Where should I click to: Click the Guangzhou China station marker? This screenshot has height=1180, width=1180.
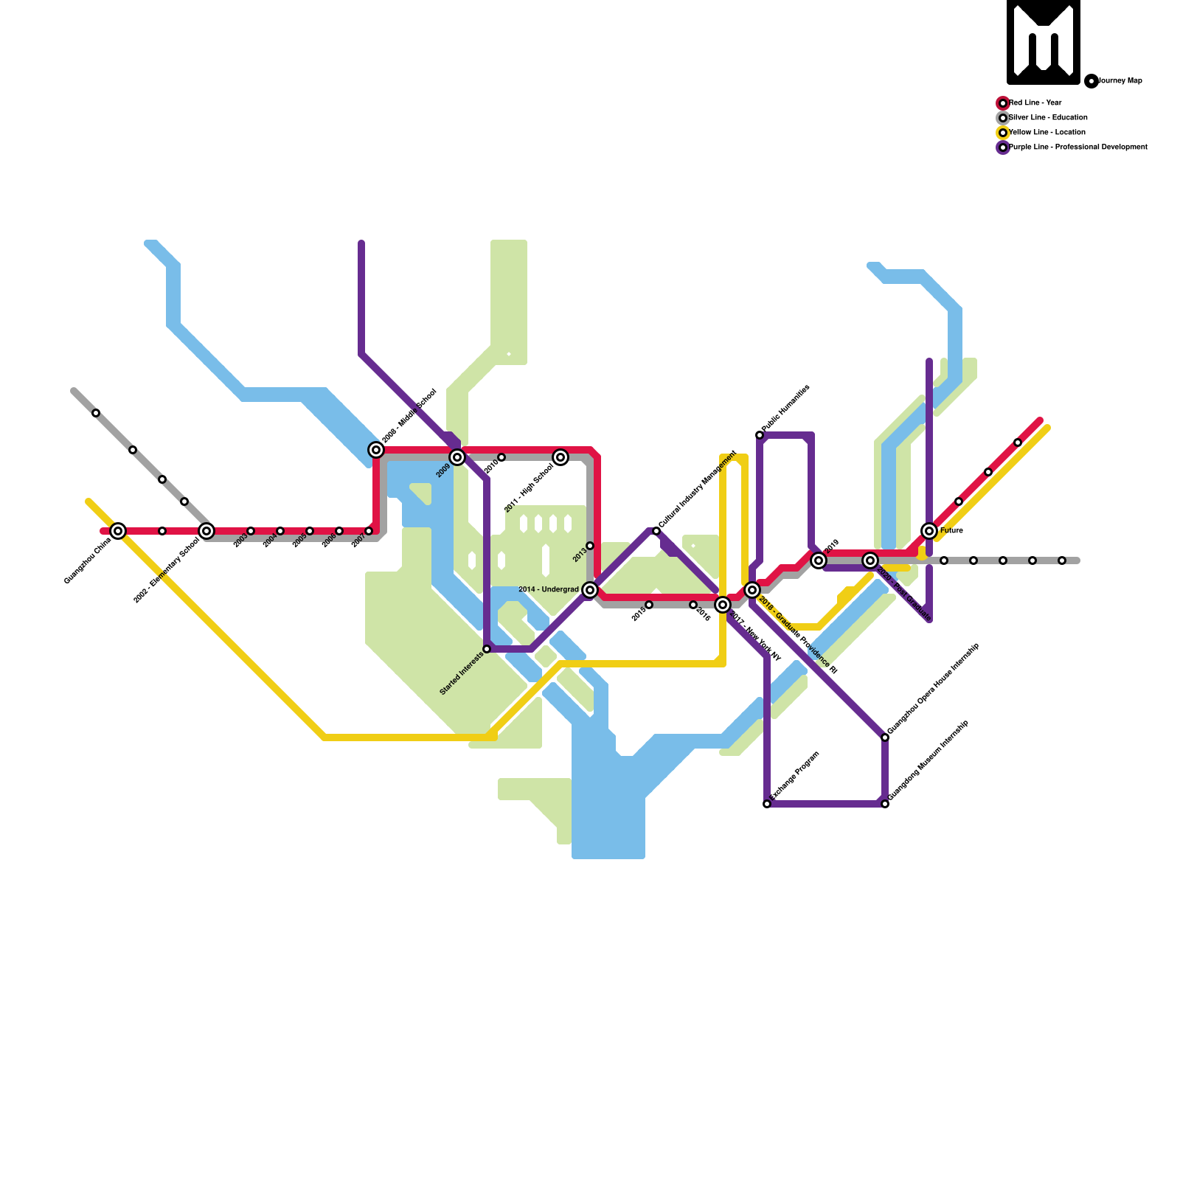[118, 531]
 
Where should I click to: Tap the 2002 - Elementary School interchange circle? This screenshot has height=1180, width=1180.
[206, 531]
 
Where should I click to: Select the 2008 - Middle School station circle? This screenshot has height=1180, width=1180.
[376, 450]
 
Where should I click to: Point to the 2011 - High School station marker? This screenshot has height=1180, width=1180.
[560, 457]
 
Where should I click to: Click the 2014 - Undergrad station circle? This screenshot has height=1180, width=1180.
[590, 590]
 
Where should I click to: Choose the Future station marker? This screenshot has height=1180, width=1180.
[929, 531]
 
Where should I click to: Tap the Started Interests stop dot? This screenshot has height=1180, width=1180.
[487, 649]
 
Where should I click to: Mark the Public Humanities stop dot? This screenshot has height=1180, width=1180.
[760, 435]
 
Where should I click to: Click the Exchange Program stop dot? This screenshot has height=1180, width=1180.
[767, 804]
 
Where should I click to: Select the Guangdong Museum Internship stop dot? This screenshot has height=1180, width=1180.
[885, 804]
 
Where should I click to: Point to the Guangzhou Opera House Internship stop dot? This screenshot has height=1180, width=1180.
[885, 737]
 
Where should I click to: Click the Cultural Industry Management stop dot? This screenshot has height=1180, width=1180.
[656, 531]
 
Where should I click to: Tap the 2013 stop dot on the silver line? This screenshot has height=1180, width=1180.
[590, 546]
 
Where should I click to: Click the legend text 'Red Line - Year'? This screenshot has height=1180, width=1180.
[1035, 103]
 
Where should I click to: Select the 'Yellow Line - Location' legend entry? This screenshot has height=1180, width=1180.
[1047, 133]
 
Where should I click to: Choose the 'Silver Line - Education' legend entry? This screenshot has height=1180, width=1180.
[1048, 118]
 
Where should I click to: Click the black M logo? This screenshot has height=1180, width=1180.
[1044, 42]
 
